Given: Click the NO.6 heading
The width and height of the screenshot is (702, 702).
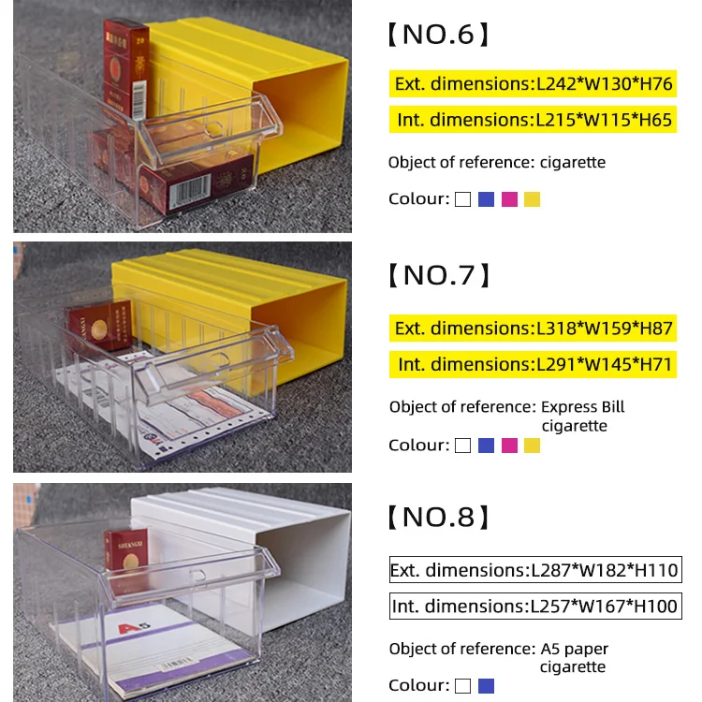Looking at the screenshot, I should point(438,36).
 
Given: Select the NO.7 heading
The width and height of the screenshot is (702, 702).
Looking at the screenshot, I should point(438,275).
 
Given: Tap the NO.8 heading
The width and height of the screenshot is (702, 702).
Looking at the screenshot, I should point(438,517).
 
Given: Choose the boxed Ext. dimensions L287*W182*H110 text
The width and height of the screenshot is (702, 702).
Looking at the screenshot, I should point(534,570).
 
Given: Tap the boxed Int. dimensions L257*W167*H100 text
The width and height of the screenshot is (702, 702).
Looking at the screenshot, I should point(534,606).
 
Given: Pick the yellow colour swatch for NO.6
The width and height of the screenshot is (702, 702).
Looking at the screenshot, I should point(533,199).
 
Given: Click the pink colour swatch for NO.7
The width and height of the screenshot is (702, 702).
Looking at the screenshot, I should point(509,446).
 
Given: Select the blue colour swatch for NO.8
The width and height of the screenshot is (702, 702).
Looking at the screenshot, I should point(486,686).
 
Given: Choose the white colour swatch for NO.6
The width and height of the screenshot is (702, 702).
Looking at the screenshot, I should point(462,199).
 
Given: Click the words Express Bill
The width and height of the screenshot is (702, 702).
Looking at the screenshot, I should point(582,407).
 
